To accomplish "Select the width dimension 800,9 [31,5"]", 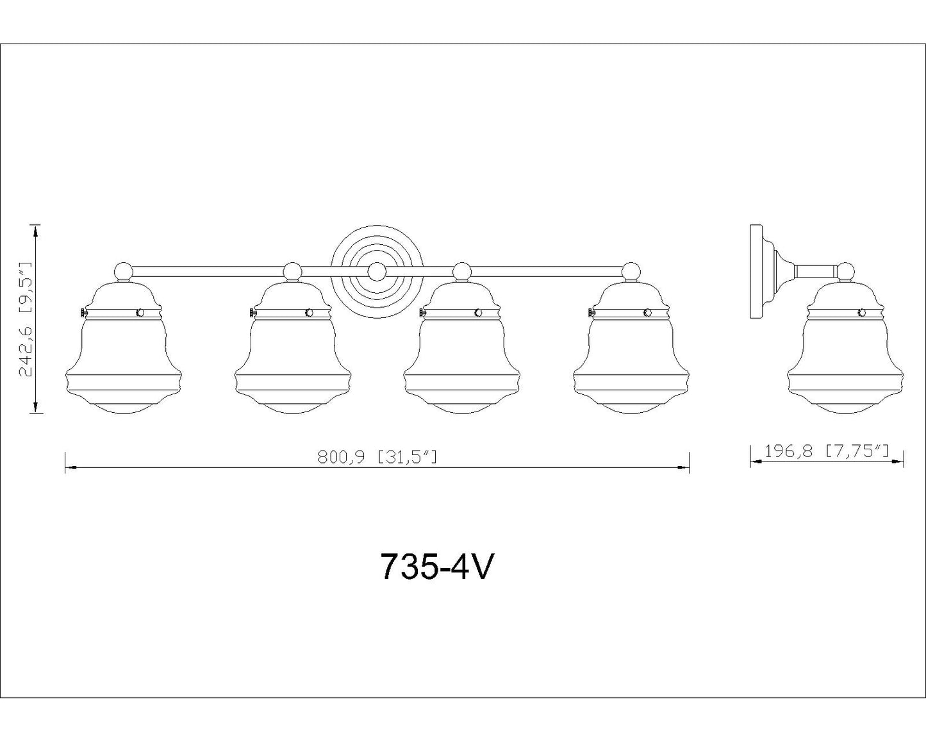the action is (377, 457).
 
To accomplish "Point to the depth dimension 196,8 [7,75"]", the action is (826, 451).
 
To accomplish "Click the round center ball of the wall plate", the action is (376, 271).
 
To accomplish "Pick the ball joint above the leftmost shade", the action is (124, 271).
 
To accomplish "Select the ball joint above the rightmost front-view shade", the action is (631, 271).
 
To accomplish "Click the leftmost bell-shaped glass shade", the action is (124, 347).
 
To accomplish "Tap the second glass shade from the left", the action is (293, 347).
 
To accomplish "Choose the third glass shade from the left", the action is (461, 347).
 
